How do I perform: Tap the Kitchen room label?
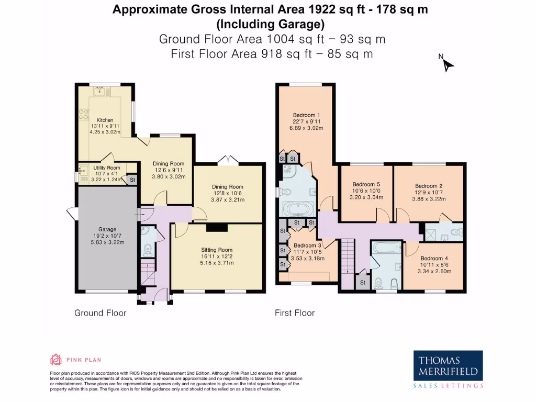point(105,120)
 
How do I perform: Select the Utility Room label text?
point(107,168)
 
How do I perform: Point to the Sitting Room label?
point(216,250)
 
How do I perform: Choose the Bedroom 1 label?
point(307,115)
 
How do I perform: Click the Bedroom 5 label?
point(366,184)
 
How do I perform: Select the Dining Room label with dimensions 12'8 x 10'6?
point(228,187)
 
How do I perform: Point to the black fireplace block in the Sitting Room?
point(217,227)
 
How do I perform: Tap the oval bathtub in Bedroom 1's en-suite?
point(297,209)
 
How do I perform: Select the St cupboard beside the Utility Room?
point(132,180)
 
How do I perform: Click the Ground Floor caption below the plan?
point(100,313)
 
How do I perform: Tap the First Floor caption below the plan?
point(295,313)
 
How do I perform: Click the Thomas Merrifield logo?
point(448,370)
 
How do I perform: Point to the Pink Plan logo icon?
point(55,360)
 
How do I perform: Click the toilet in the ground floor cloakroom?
point(147,249)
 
